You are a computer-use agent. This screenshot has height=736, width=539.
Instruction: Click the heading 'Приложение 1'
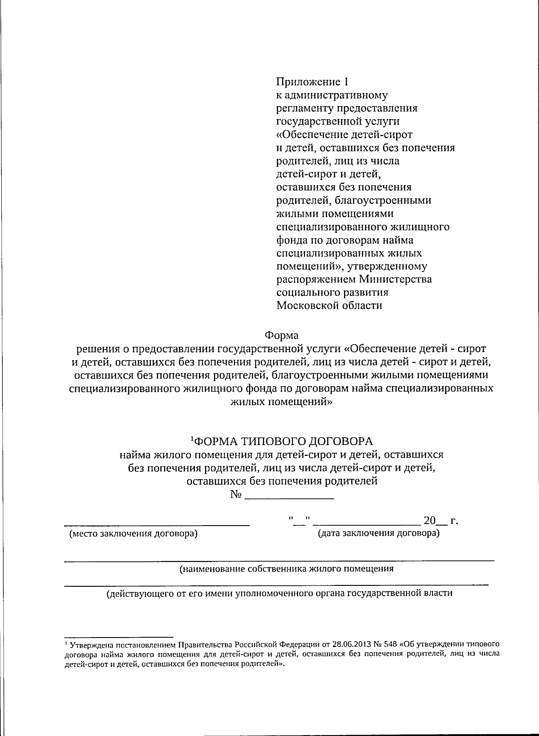(312, 82)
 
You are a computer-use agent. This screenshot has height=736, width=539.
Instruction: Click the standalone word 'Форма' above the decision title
(281, 335)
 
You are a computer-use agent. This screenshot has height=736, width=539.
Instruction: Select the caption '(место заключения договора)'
(133, 534)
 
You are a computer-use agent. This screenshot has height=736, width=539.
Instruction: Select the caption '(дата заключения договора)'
(378, 533)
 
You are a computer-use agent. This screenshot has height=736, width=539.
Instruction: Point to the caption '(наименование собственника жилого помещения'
(287, 569)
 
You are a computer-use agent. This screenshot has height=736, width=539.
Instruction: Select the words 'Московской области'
(329, 306)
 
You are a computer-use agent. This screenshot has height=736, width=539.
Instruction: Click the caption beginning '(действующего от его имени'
(279, 593)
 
